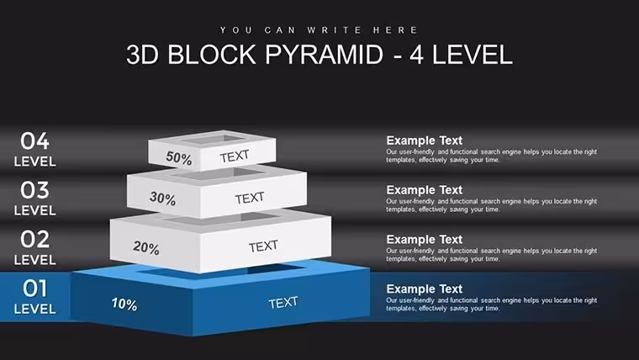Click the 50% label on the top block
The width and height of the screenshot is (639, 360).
coord(178,158)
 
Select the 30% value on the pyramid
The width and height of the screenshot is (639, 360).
coord(162,199)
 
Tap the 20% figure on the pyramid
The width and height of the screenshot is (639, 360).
coord(146,247)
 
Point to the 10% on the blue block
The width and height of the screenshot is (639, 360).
coord(124,304)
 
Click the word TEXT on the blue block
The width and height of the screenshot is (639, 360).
coord(283,303)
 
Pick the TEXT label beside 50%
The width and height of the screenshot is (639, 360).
coord(235,156)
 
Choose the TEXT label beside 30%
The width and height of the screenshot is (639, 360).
coord(250,198)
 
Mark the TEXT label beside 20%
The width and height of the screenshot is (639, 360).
coord(263,246)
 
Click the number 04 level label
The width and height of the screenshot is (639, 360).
coord(34,141)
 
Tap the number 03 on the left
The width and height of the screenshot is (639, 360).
coord(34,190)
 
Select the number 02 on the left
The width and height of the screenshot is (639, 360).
coord(34,240)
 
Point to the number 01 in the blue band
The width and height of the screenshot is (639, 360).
coord(34,289)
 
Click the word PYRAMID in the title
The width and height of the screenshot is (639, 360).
coord(324,55)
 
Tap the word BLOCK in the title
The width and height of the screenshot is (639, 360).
coord(212,55)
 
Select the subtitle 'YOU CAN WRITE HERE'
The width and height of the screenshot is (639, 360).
coord(319,30)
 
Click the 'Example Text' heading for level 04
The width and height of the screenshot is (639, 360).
coord(425,140)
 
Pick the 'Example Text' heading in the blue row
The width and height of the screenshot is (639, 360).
coord(425,289)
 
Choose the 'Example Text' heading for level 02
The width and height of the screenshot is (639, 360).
coord(425,240)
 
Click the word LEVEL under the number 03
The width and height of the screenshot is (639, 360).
coord(35,210)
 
